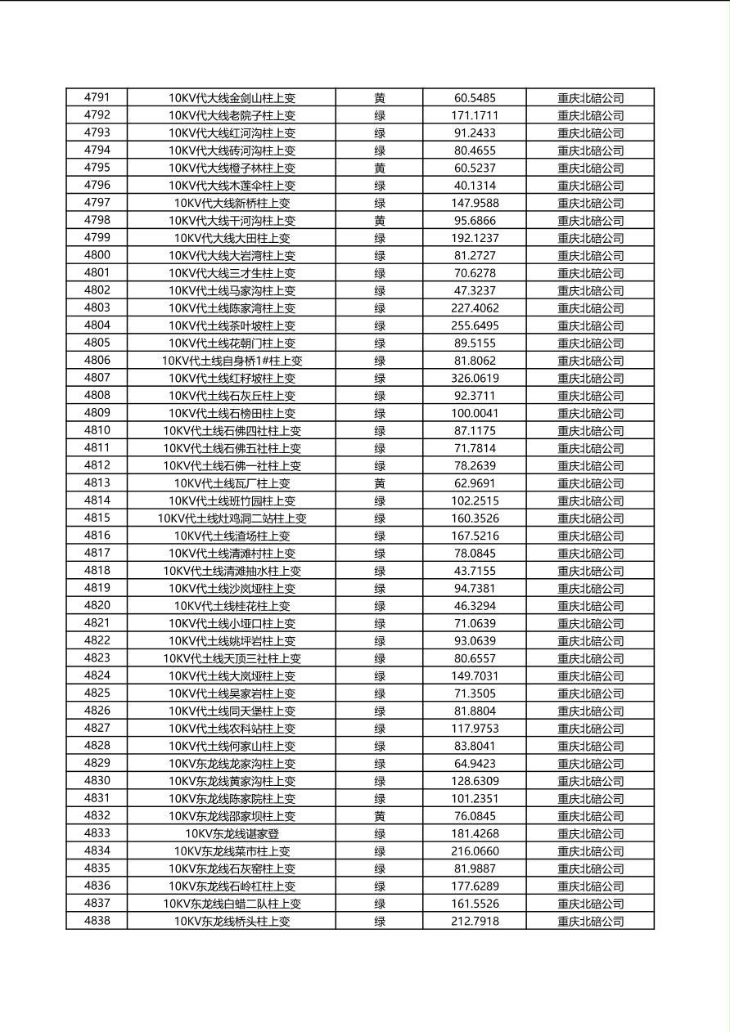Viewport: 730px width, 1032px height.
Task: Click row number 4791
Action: click(97, 97)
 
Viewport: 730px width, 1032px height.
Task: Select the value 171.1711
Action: click(475, 115)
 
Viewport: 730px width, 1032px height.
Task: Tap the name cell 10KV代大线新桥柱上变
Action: click(232, 203)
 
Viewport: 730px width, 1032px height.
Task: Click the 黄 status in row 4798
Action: click(380, 221)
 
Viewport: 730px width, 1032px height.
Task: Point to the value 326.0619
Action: click(475, 378)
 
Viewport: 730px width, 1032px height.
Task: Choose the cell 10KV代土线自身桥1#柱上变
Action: click(232, 361)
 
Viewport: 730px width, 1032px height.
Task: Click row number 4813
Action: click(97, 483)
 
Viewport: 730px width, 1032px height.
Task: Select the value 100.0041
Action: click(475, 413)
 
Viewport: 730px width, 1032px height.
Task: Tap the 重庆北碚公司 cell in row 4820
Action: click(590, 606)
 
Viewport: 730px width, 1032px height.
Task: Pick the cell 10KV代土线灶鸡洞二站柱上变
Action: click(232, 518)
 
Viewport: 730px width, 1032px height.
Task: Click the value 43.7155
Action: click(475, 571)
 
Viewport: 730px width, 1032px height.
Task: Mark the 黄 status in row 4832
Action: click(380, 816)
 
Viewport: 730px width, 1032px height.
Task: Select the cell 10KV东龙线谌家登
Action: click(232, 834)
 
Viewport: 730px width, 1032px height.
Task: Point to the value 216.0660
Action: click(475, 851)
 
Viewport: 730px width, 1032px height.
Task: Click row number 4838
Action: click(97, 921)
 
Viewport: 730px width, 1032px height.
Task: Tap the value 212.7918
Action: click(475, 922)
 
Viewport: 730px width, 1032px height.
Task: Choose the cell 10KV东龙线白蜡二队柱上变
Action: click(232, 904)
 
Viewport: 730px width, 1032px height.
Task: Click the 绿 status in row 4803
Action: click(380, 308)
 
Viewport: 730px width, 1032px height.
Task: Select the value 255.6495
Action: click(475, 325)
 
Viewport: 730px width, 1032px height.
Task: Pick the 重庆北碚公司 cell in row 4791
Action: click(590, 98)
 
